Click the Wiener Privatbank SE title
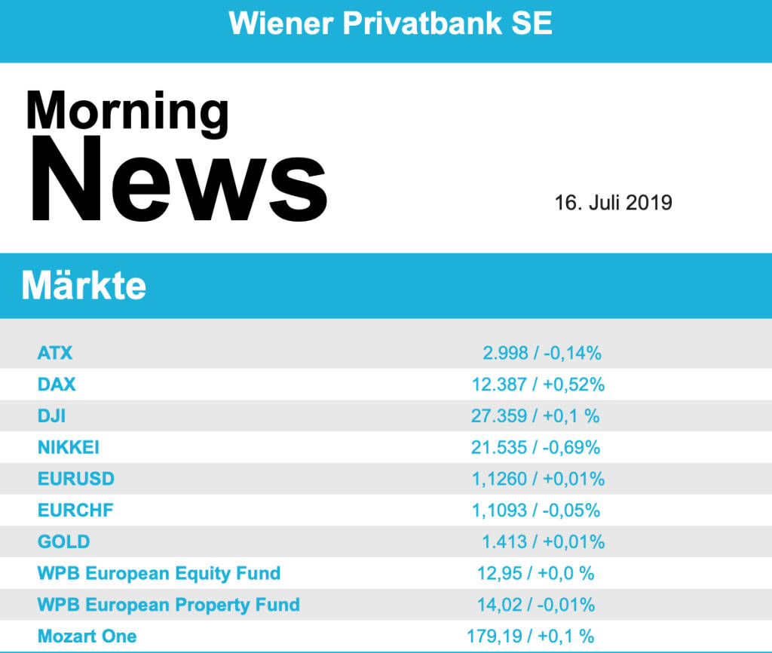[391, 23]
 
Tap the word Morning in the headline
[127, 111]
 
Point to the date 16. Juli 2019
[613, 203]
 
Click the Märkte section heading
[84, 286]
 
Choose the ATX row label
[55, 352]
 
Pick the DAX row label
[57, 385]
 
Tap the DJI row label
[51, 415]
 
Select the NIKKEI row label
[68, 447]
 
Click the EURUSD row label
[75, 479]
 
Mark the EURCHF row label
[75, 510]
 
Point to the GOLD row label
[63, 542]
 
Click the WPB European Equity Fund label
[158, 573]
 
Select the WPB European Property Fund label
[168, 605]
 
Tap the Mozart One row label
[87, 636]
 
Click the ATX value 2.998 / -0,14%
[541, 352]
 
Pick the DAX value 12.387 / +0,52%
[538, 385]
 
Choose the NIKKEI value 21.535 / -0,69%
[535, 447]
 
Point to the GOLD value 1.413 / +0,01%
[543, 542]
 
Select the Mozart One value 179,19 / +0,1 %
[530, 636]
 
